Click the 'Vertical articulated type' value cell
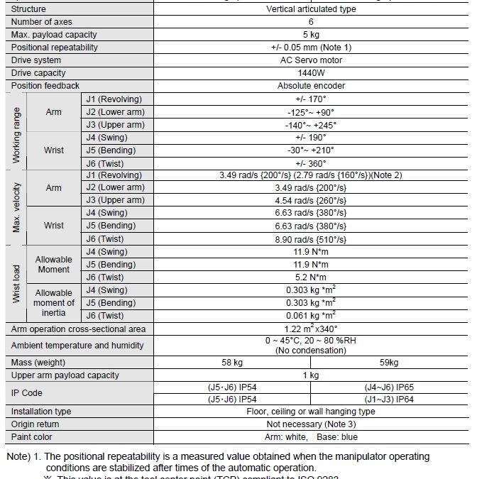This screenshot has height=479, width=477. click(311, 9)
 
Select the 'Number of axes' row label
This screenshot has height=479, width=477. click(42, 22)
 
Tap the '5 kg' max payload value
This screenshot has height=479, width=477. click(311, 35)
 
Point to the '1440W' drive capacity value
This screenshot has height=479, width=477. click(311, 73)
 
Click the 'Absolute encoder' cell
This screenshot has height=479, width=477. click(311, 86)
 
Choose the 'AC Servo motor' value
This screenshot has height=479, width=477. click(311, 60)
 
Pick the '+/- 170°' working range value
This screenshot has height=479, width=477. click(311, 99)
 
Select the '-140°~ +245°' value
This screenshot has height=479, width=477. click(311, 125)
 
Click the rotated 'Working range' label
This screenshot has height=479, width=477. click(17, 131)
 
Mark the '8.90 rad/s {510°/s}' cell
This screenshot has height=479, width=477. click(311, 239)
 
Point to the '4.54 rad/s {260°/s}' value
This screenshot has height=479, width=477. click(311, 201)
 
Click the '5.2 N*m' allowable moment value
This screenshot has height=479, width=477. click(311, 277)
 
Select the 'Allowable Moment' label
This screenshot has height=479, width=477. click(53, 265)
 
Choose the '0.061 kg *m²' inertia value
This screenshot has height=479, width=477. click(311, 315)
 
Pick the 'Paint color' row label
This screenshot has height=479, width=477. click(32, 437)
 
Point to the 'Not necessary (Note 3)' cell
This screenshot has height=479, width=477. click(311, 424)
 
